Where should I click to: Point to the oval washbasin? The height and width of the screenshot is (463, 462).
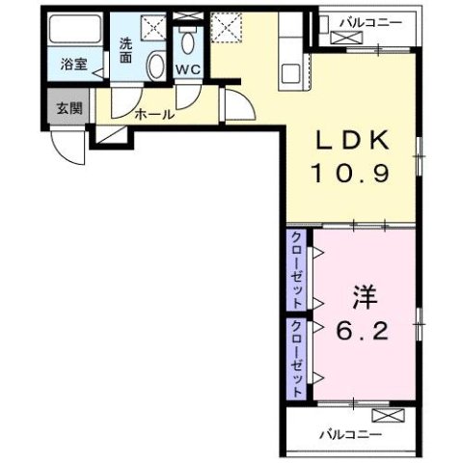pos(155,65)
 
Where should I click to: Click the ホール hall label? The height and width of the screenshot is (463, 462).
pos(154,114)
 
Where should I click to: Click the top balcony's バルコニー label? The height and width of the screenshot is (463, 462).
pos(366,19)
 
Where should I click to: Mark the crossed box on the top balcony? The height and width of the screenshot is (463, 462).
pos(342,36)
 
